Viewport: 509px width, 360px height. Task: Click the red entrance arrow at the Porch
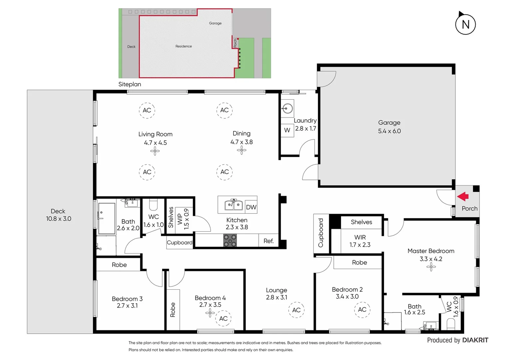tap(463, 197)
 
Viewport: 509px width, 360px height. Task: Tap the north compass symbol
tap(465, 24)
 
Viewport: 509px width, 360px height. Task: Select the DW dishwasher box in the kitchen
tap(251, 207)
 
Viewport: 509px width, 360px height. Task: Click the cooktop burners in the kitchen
tap(230, 240)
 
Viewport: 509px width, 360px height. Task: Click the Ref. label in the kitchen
tap(268, 241)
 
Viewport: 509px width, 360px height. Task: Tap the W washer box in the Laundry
tap(287, 130)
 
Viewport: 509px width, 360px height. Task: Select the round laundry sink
tap(287, 108)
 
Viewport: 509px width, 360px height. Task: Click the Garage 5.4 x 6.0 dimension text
tap(389, 131)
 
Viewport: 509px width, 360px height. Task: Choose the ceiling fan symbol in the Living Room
tap(155, 151)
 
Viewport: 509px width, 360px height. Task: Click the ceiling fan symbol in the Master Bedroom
tap(431, 267)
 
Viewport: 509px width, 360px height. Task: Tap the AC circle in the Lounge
tap(296, 310)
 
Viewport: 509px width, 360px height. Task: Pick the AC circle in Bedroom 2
tap(362, 310)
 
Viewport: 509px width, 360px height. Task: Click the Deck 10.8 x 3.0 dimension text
tap(59, 219)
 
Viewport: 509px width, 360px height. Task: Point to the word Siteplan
tap(130, 84)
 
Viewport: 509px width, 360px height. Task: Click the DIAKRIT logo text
tap(475, 340)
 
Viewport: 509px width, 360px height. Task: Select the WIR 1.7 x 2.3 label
tap(360, 241)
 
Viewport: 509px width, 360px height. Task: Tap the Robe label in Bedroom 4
tap(173, 310)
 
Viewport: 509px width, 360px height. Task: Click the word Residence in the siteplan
tap(184, 46)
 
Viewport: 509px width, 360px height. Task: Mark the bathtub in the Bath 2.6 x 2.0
tap(106, 218)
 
